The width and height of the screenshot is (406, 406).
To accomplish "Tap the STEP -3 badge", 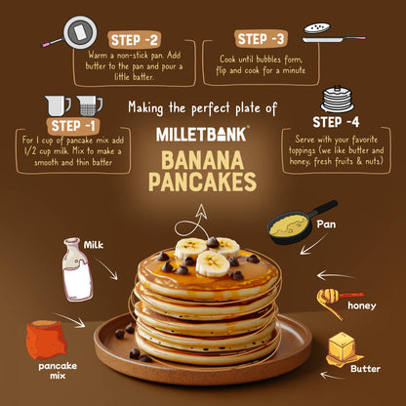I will (261, 39).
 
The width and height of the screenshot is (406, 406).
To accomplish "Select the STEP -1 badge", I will (72, 127).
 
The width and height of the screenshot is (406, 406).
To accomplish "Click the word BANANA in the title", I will (203, 159).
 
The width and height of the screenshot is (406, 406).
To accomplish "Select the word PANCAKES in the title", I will (203, 183).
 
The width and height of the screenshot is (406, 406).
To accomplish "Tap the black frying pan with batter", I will (298, 222).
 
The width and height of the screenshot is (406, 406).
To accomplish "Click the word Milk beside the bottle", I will (94, 244).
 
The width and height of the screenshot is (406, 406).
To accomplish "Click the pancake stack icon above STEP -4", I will (336, 98).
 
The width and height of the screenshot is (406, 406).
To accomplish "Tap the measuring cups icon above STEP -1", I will (73, 104).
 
